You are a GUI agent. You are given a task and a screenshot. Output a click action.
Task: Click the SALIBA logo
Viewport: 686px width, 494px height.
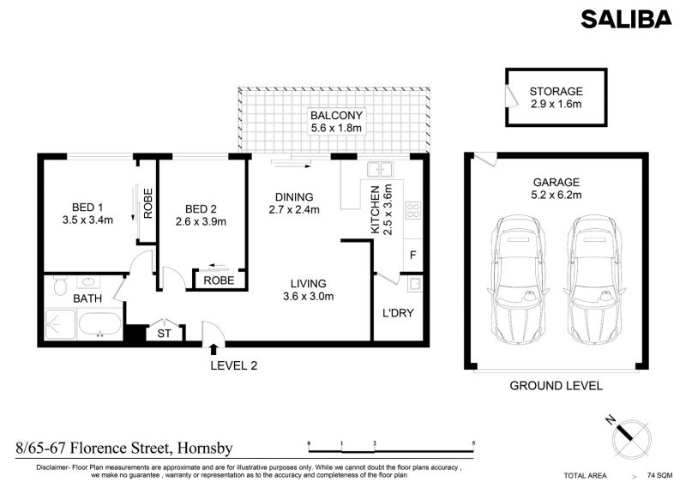coord(626,19)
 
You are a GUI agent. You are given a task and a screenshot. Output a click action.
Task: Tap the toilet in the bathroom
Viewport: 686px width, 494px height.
coord(59,285)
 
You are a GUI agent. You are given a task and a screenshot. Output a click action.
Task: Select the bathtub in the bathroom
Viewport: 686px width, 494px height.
coord(99,325)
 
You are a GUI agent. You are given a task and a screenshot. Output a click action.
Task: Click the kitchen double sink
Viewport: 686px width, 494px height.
coord(380,169)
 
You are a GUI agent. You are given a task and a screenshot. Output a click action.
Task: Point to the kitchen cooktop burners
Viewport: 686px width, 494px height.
coord(413,210)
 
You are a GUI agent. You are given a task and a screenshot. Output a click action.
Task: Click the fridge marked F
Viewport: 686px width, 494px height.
coord(412,255)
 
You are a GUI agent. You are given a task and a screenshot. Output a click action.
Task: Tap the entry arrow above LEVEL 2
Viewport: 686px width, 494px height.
coord(214,349)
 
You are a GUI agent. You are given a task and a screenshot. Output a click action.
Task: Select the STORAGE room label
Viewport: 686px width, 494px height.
coord(556,92)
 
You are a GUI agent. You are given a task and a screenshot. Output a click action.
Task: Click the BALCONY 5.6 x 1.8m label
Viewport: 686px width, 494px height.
coord(336,122)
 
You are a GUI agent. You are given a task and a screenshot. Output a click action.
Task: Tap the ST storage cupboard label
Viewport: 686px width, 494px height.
coord(164,334)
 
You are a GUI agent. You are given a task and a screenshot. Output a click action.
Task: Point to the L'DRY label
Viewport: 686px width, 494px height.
coord(398,313)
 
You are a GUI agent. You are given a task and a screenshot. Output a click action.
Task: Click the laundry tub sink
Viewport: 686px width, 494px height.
coord(415,285)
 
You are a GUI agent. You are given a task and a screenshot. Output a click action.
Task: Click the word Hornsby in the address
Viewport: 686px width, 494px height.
coord(205,449)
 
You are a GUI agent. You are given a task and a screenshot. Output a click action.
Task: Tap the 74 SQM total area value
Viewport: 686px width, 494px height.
coord(659,476)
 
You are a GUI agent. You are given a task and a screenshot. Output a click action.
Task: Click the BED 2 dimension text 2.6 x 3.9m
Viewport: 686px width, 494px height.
coord(201,222)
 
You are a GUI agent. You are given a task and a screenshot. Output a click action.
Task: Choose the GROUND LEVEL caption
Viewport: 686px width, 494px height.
coord(556,386)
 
